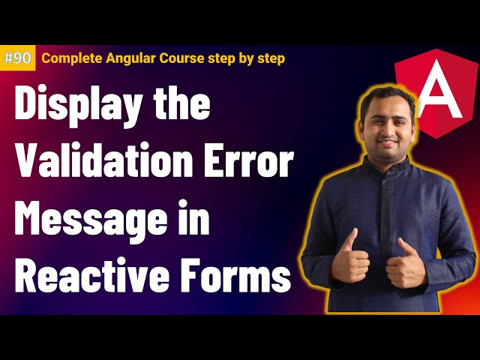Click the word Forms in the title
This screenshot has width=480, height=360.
pyautogui.click(x=240, y=277)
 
